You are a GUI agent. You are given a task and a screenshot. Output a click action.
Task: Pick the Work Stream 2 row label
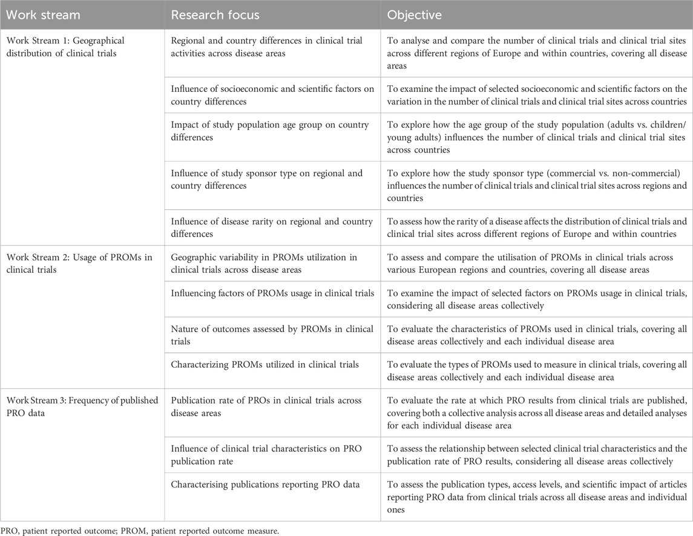click(73, 264)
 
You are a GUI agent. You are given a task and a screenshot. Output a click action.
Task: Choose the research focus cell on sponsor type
click(267, 180)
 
